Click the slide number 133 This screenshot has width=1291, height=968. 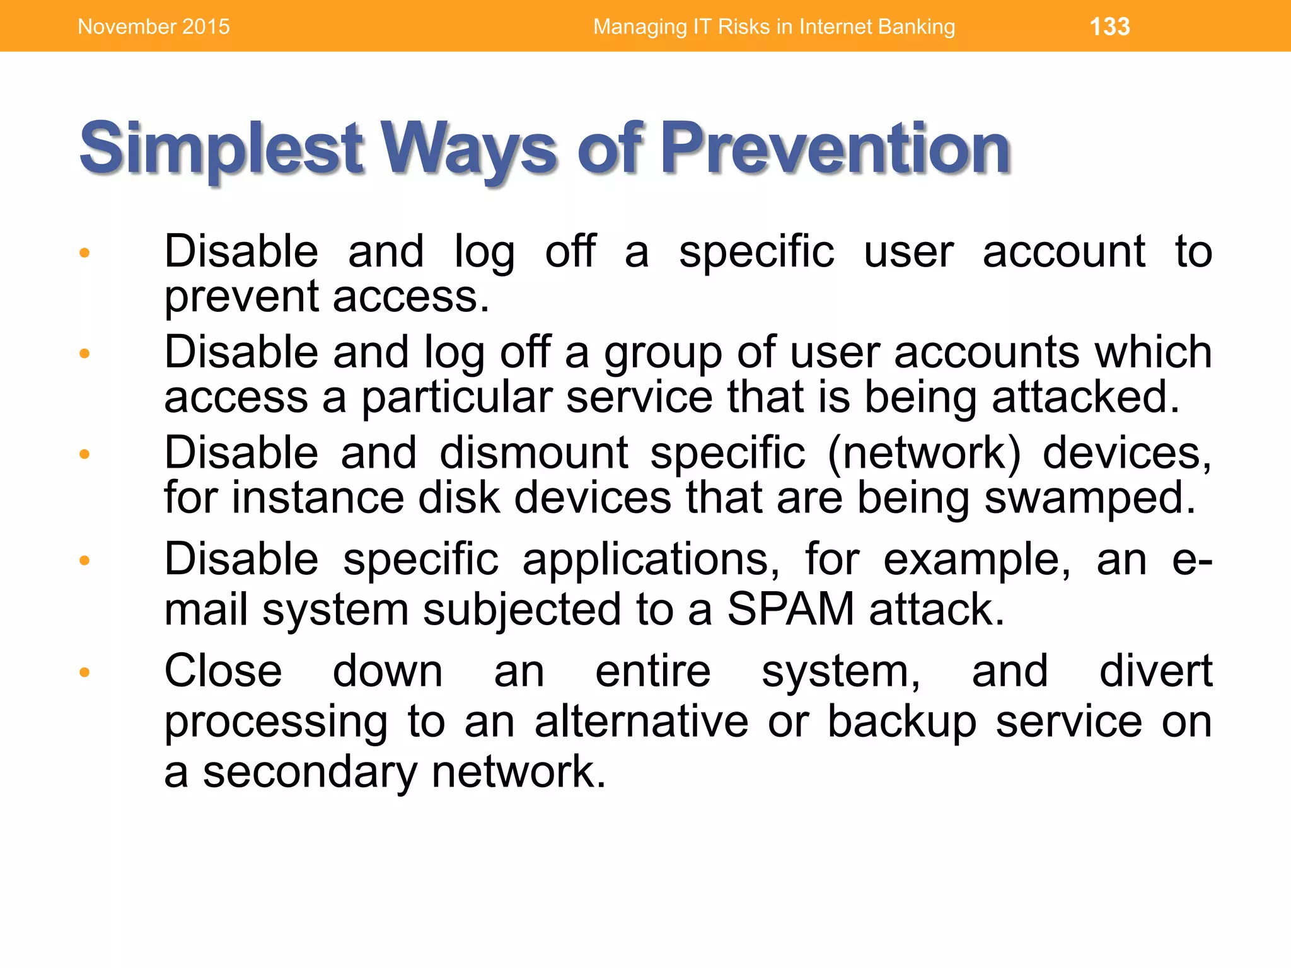pos(1109,26)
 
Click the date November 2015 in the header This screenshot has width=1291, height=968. pos(154,26)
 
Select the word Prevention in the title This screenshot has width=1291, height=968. pos(835,149)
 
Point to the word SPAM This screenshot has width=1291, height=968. pos(790,609)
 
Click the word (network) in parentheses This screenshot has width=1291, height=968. pos(923,453)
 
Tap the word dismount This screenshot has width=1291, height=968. pos(534,453)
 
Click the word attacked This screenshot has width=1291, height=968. pos(1085,397)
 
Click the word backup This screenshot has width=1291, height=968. pos(901,722)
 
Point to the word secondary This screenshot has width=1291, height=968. pos(310,773)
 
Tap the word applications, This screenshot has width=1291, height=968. pos(651,560)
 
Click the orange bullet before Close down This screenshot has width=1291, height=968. pos(84,672)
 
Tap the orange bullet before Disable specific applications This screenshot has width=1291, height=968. pos(84,560)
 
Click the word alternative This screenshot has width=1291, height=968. pos(641,722)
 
